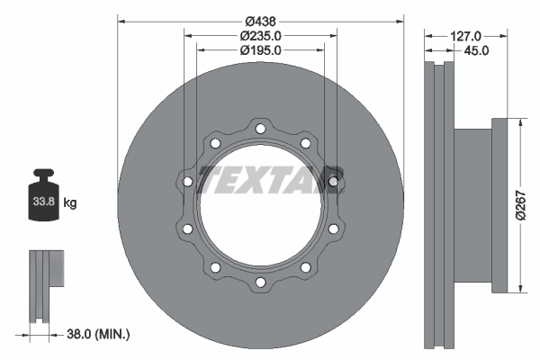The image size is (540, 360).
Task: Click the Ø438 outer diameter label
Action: tap(261, 22)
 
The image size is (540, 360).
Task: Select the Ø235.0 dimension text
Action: tap(261, 36)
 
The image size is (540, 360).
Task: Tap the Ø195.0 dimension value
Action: tap(261, 50)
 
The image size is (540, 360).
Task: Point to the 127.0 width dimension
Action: tap(465, 36)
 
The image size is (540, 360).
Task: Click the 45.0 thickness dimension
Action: tap(476, 50)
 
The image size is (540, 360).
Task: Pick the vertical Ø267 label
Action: tap(521, 205)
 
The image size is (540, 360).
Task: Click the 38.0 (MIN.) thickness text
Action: tap(98, 334)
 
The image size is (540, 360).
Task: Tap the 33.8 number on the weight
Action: tap(44, 202)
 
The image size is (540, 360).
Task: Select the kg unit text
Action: tap(70, 202)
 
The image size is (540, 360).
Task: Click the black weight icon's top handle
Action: tap(43, 174)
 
